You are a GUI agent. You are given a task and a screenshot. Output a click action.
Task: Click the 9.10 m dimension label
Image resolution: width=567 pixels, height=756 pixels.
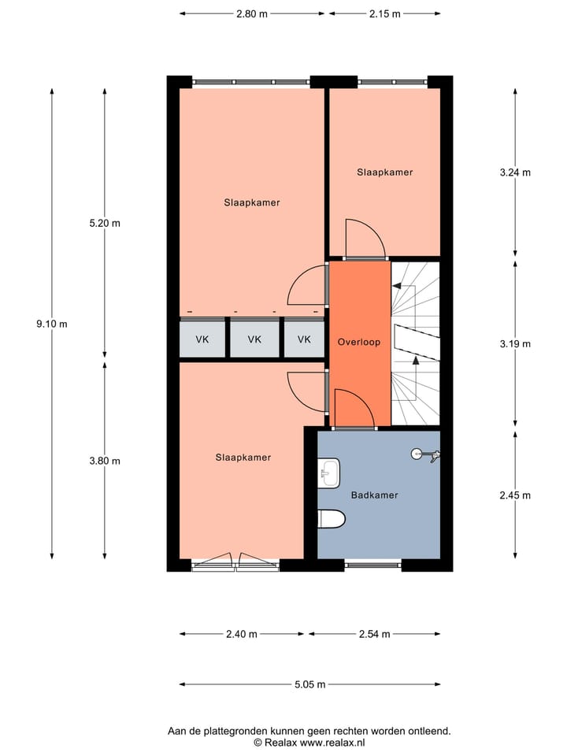[x=52, y=324]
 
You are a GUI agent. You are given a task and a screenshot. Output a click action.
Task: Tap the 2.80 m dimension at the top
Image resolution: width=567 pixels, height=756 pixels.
[x=252, y=13]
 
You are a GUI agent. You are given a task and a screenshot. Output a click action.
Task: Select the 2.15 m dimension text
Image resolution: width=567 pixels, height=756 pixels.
[x=384, y=13]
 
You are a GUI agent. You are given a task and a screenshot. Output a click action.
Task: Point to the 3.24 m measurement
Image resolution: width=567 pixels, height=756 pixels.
[x=516, y=173]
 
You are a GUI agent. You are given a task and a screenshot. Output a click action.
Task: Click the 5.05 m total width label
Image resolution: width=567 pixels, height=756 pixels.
[x=309, y=684]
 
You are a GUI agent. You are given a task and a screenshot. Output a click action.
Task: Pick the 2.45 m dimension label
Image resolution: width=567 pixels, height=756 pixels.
[x=516, y=495]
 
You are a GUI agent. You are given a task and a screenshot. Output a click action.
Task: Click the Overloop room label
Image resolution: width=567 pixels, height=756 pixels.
[x=359, y=343]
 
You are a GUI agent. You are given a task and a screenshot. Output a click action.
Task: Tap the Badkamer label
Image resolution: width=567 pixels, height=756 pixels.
[x=374, y=495]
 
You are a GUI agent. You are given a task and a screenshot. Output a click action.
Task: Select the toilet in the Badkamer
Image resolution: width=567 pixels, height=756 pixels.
[x=331, y=519]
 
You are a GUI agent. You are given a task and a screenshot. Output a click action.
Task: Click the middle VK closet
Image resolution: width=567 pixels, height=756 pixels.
[x=254, y=340]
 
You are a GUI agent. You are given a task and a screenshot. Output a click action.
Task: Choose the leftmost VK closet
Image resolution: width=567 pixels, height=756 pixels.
[x=202, y=340]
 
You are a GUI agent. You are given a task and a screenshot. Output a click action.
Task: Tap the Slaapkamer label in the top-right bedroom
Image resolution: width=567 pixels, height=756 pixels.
[x=384, y=172]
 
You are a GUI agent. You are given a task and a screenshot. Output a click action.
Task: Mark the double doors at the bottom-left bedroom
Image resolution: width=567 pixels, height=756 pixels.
[x=236, y=561]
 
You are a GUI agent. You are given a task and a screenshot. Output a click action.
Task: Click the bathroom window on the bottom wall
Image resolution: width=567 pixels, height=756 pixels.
[x=372, y=564]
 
